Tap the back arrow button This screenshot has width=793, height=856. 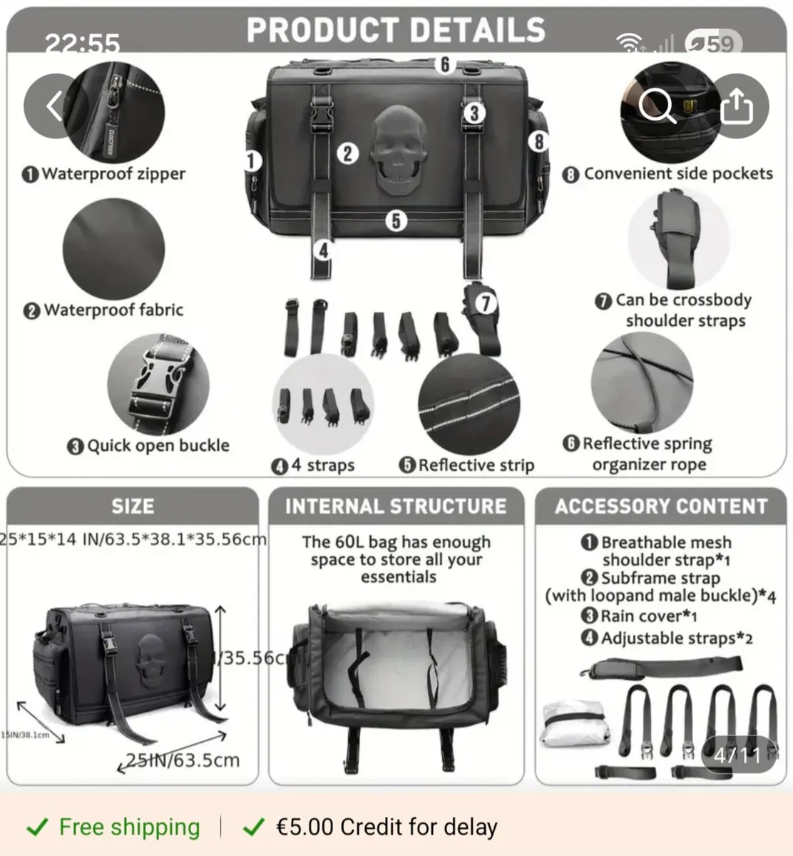click(x=55, y=106)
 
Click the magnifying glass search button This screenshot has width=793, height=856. click(x=656, y=106)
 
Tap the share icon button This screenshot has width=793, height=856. click(x=737, y=106)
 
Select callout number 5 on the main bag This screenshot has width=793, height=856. click(x=396, y=220)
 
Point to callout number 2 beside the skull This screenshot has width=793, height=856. click(x=347, y=153)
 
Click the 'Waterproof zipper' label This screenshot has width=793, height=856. click(x=113, y=174)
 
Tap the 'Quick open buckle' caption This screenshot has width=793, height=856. click(x=157, y=446)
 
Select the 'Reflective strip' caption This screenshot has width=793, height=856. click(x=476, y=465)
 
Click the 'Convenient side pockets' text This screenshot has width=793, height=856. click(x=677, y=174)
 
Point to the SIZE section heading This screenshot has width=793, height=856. click(x=133, y=506)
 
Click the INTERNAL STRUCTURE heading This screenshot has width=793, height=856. click(x=396, y=506)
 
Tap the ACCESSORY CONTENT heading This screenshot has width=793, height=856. click(x=661, y=506)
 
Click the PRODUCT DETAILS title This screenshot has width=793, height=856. click(x=396, y=30)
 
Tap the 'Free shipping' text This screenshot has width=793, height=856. click(x=129, y=827)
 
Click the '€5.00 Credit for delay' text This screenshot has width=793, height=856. click(x=386, y=827)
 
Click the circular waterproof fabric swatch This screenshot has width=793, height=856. click(x=114, y=249)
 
